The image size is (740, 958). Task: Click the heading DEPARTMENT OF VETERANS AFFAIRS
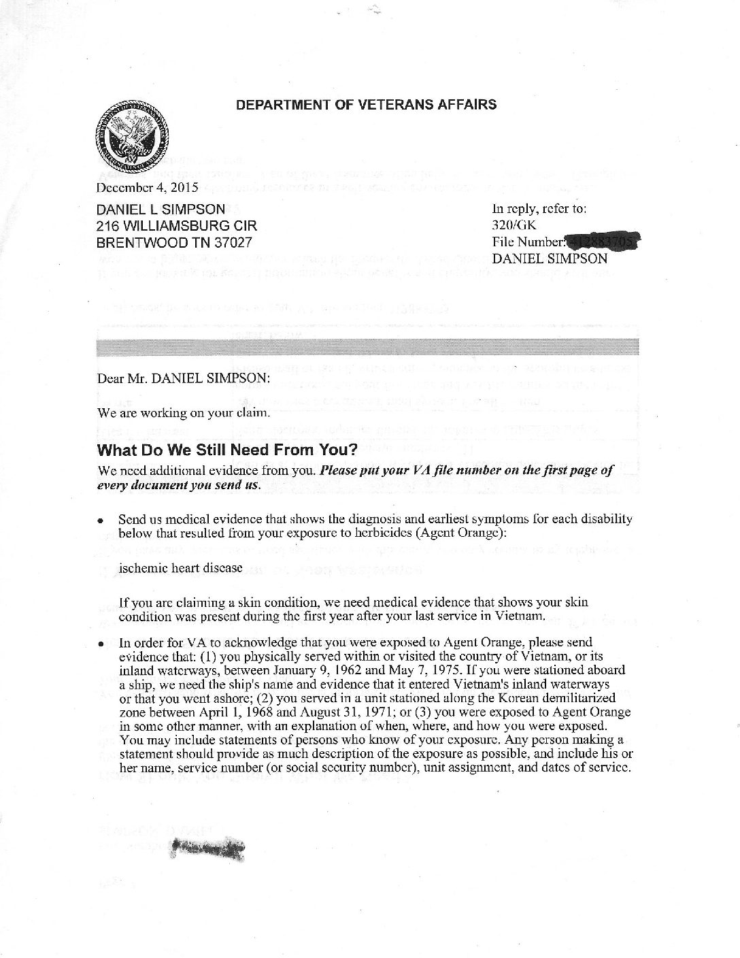(x=365, y=105)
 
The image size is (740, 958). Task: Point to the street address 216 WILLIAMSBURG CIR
(x=178, y=226)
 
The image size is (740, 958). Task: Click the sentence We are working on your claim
(x=185, y=412)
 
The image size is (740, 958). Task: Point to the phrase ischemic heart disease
(x=180, y=567)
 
